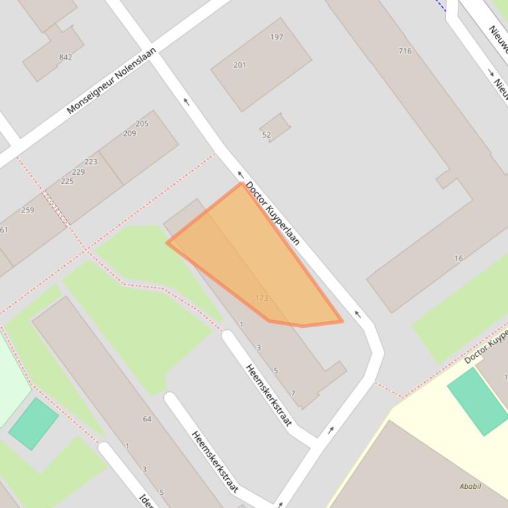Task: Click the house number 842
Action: (65, 57)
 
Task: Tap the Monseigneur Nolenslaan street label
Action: (112, 80)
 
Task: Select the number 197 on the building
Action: (277, 37)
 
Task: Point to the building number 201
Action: (240, 65)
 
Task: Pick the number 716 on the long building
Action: (405, 51)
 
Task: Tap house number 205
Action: (142, 123)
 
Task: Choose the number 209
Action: (129, 133)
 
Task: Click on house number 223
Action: (91, 162)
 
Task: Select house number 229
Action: (79, 172)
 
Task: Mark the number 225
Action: (67, 181)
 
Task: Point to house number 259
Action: (27, 210)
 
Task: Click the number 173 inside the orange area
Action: (262, 298)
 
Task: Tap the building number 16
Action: (458, 259)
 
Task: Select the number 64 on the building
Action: (147, 419)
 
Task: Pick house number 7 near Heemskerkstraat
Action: (293, 393)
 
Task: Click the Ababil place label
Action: (470, 486)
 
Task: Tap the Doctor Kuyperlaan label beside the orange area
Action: (273, 213)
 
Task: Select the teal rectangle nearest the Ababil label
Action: (478, 400)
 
